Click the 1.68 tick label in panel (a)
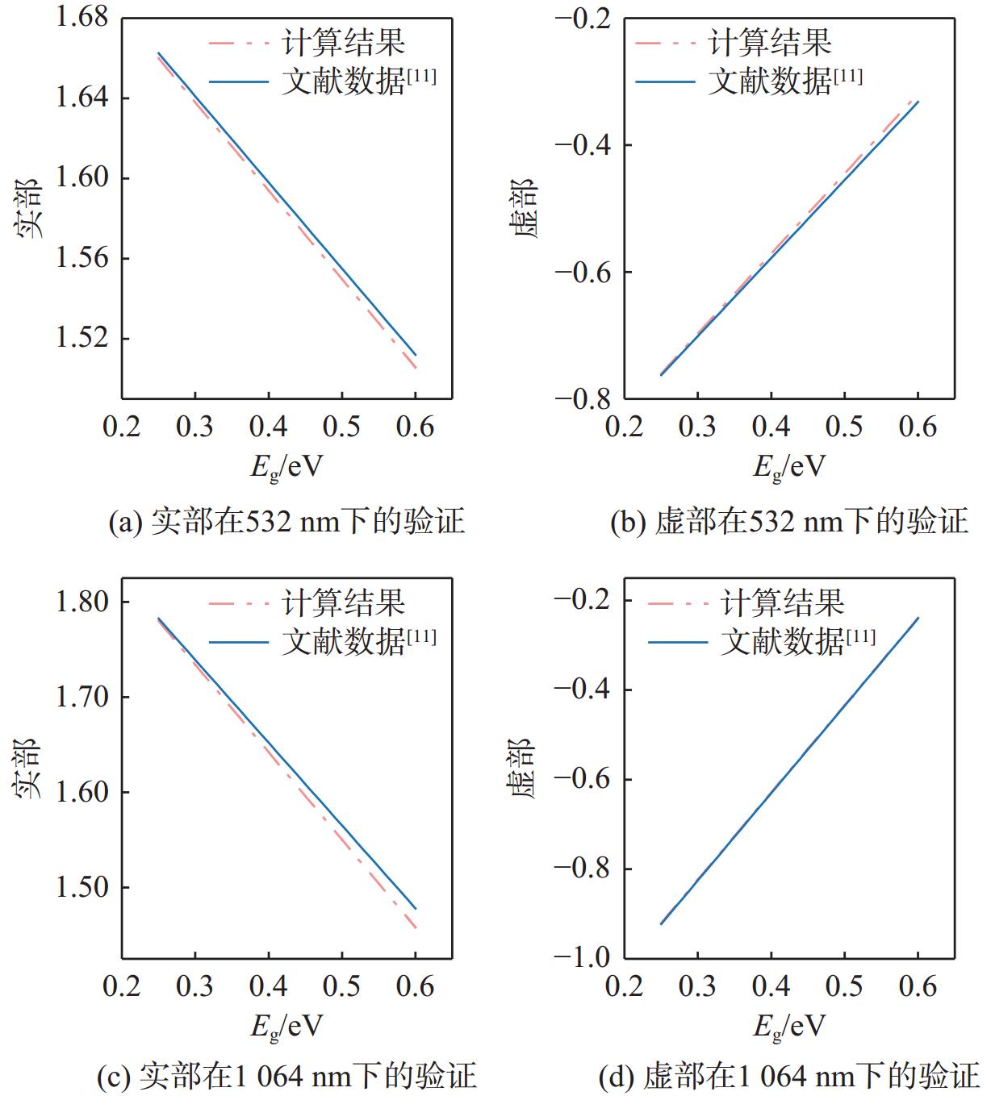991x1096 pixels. pyautogui.click(x=82, y=18)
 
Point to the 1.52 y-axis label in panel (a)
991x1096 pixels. pyautogui.click(x=82, y=338)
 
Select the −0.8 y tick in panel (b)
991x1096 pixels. pyautogui.click(x=583, y=398)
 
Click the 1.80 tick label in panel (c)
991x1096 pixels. pyautogui.click(x=82, y=602)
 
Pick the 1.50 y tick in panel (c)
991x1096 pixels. pyautogui.click(x=82, y=887)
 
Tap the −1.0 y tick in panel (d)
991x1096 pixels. pyautogui.click(x=583, y=957)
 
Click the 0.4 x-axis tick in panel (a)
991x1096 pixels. pyautogui.click(x=268, y=427)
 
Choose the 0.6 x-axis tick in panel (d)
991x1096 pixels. pyautogui.click(x=918, y=986)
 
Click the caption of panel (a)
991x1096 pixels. pyautogui.click(x=286, y=522)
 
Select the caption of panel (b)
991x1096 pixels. pyautogui.click(x=789, y=522)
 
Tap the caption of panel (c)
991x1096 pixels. pyautogui.click(x=286, y=1076)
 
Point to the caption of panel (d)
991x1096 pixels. pyautogui.click(x=789, y=1076)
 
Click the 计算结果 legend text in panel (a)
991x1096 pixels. pyautogui.click(x=343, y=42)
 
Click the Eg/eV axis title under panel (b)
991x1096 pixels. pyautogui.click(x=789, y=466)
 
